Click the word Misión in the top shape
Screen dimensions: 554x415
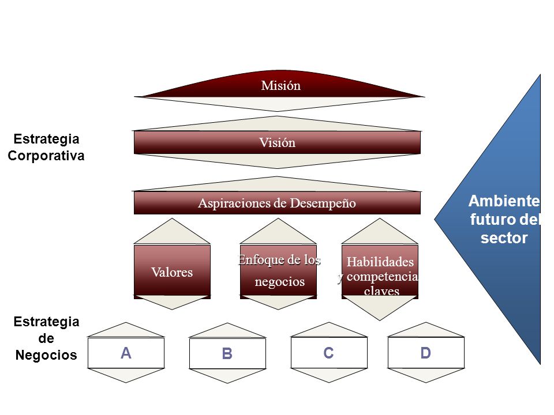point(281,85)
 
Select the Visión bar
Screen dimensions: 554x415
point(278,142)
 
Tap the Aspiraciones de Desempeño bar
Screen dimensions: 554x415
point(278,203)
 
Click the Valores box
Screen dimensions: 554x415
point(172,271)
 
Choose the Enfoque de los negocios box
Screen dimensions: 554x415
point(278,271)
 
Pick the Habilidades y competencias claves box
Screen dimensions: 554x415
point(380,271)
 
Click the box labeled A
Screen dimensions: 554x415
point(126,353)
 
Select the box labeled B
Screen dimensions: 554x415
point(227,353)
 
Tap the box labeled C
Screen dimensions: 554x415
point(329,353)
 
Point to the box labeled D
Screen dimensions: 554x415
point(426,353)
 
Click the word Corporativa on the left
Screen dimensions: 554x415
point(46,156)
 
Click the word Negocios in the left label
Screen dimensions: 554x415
point(46,355)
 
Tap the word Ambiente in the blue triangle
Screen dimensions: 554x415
point(504,201)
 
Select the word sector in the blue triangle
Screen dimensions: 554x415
point(504,238)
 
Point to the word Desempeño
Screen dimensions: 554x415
point(323,203)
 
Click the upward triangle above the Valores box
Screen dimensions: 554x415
point(172,231)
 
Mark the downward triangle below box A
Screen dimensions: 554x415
point(126,375)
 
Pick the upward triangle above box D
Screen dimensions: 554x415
point(426,330)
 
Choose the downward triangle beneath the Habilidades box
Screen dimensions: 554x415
point(380,308)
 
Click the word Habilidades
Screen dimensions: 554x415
point(380,262)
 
